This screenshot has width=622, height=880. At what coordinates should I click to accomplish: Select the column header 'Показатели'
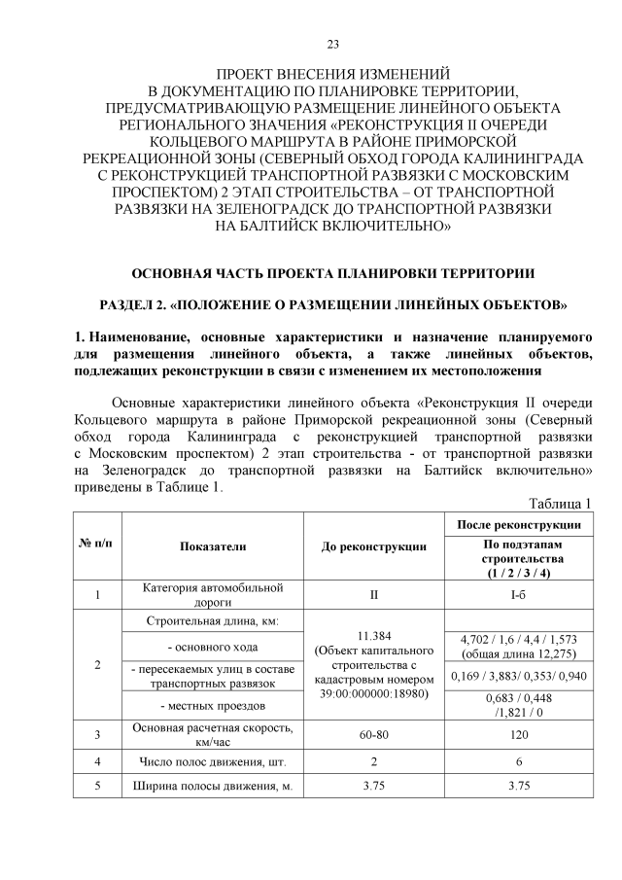point(213,546)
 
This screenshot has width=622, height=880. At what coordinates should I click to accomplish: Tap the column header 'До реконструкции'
point(374,546)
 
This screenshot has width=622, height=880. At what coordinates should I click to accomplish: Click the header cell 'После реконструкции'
point(524,524)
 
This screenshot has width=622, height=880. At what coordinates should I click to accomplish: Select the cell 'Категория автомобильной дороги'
point(212,594)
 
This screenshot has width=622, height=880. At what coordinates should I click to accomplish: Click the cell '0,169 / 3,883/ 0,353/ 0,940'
point(523,675)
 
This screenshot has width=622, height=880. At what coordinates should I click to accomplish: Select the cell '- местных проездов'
point(212,703)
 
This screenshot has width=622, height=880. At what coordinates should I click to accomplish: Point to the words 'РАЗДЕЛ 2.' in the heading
point(132,304)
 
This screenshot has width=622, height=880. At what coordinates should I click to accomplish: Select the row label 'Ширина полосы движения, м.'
point(212,787)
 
